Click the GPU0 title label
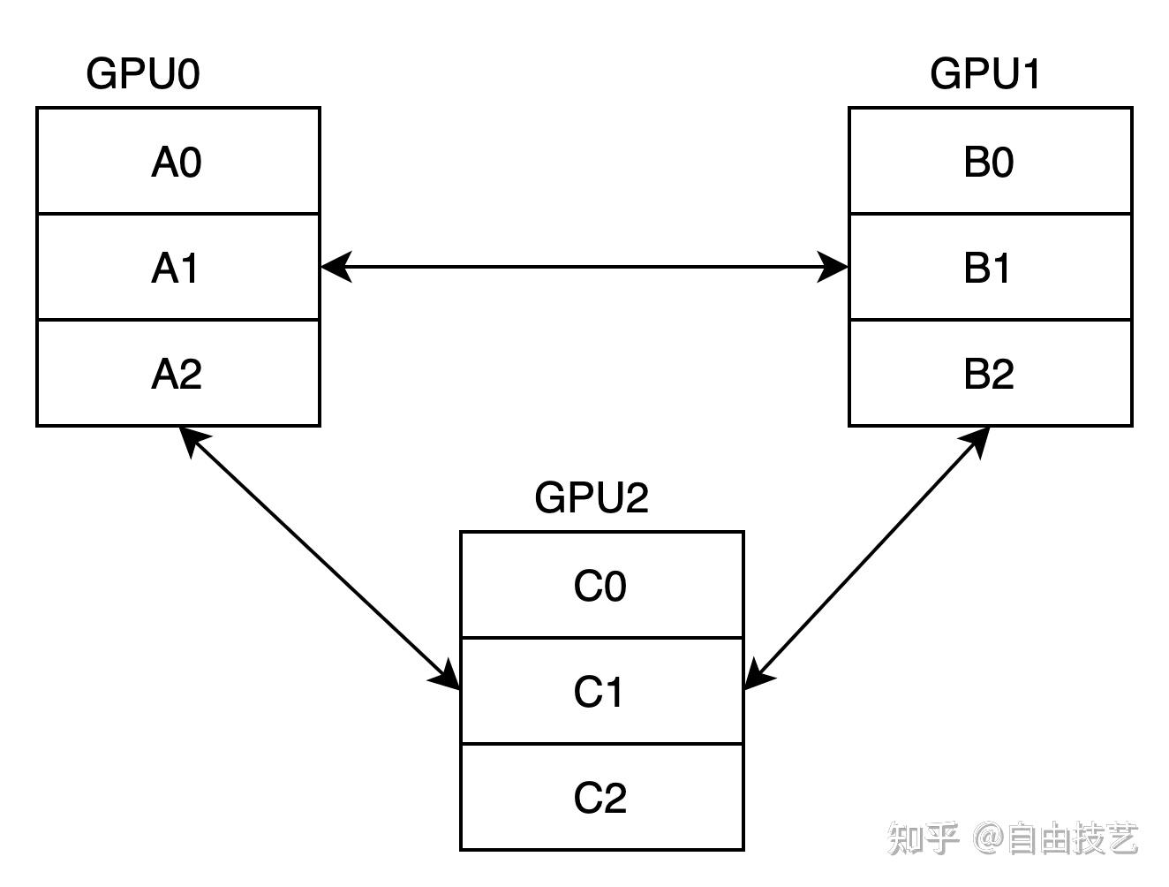click(x=143, y=73)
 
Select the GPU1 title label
click(x=985, y=73)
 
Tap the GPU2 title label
click(x=592, y=497)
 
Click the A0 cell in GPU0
click(x=177, y=162)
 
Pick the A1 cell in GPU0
click(x=177, y=267)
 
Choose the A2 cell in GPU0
click(x=177, y=373)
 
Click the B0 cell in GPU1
click(x=990, y=162)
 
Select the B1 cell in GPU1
click(x=990, y=267)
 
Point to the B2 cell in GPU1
click(x=990, y=373)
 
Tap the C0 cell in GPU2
click(x=601, y=586)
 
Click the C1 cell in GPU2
click(x=601, y=691)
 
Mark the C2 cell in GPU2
click(x=601, y=797)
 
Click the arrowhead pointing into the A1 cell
click(x=336, y=266)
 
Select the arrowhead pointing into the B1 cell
click(x=833, y=266)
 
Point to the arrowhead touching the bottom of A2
click(x=192, y=439)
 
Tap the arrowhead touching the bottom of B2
click(x=976, y=441)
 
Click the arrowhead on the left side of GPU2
click(x=447, y=676)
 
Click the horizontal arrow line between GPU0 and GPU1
click(x=584, y=266)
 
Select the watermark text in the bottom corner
click(x=1012, y=838)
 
